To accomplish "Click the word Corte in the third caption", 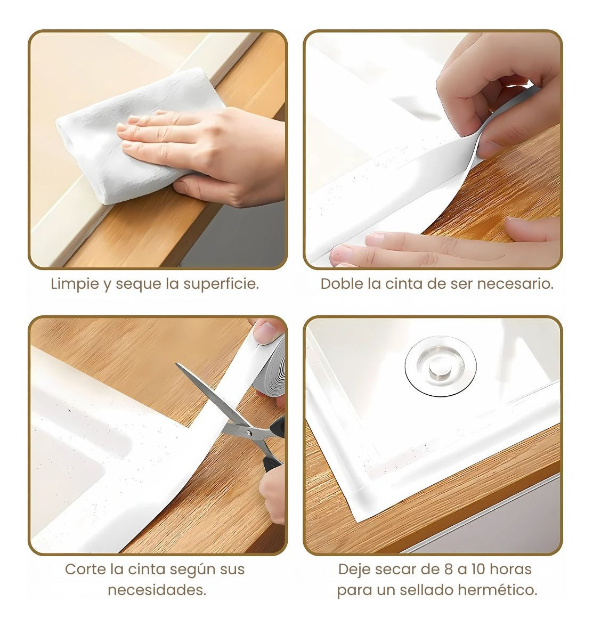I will tap(84, 569).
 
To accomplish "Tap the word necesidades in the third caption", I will tap(157, 590).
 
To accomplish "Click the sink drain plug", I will tap(440, 366).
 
